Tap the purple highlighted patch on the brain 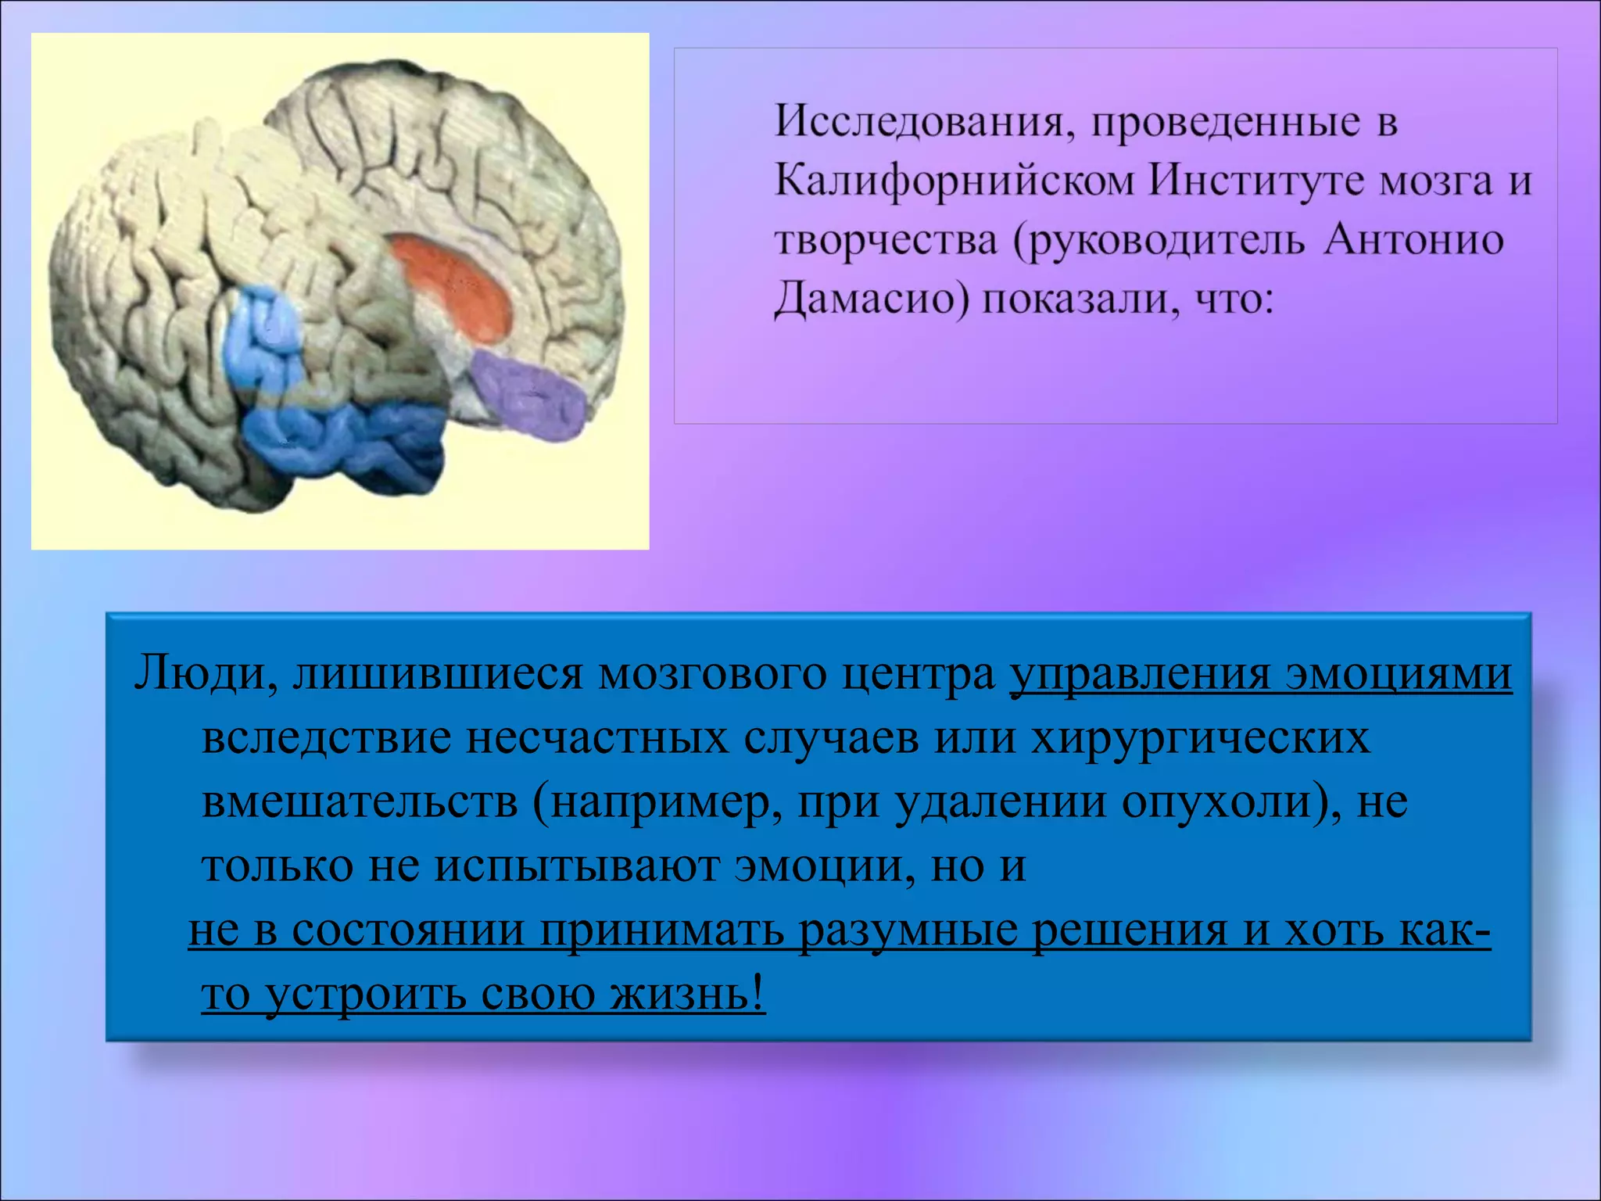[532, 395]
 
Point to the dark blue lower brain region [344, 442]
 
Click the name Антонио [1413, 241]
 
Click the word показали [1080, 300]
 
